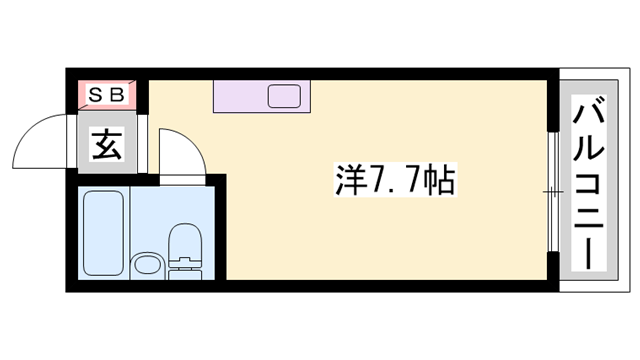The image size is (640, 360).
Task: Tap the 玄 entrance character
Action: point(107,146)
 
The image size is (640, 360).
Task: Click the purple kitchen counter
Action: point(240,98)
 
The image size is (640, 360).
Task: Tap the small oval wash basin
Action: point(146,267)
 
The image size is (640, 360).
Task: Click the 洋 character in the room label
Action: point(346,180)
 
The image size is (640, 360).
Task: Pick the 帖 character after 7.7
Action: point(437,180)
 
